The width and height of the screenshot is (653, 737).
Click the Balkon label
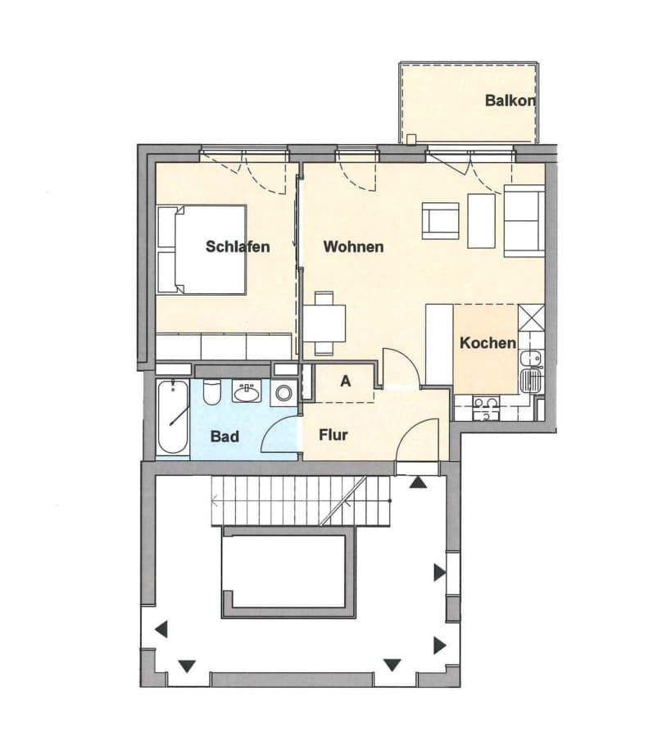[510, 101]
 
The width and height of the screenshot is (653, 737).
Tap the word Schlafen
[238, 246]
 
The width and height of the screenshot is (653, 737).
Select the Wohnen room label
[353, 246]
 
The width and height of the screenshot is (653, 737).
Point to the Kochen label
[488, 342]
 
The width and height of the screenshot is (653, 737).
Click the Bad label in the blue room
[224, 436]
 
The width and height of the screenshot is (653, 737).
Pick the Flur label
[333, 435]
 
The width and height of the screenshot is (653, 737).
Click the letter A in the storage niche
[346, 381]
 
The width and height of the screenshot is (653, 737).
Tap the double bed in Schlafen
[202, 250]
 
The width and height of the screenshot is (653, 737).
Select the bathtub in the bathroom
[173, 418]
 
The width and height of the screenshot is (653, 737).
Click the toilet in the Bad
[211, 391]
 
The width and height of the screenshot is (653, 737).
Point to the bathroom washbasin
[247, 391]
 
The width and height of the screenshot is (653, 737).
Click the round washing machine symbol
[283, 392]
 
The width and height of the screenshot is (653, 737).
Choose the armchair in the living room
[441, 220]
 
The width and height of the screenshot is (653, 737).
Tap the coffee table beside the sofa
[482, 221]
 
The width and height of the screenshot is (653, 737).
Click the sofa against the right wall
[524, 221]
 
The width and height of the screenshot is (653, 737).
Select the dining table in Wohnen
[324, 323]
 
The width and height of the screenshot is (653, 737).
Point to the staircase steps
[301, 500]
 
